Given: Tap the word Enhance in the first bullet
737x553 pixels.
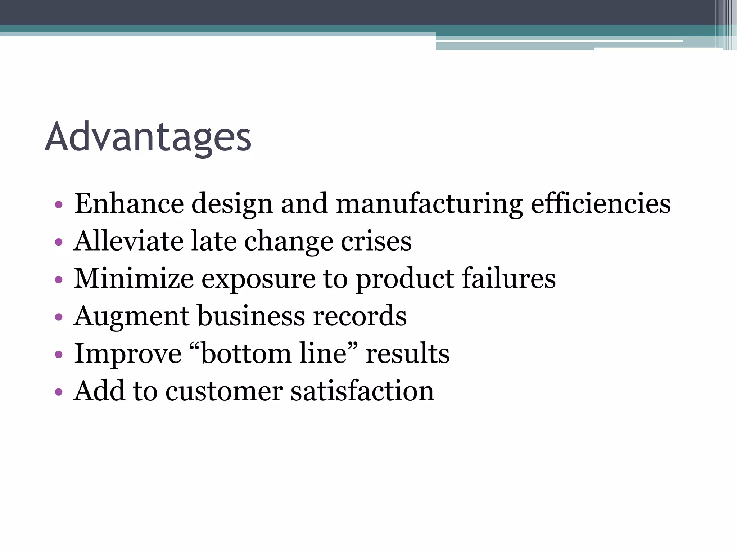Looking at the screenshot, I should (129, 204).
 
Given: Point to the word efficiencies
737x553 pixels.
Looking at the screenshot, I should (601, 204).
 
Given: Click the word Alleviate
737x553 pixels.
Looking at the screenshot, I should (128, 241).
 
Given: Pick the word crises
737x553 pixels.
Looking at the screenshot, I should (376, 241).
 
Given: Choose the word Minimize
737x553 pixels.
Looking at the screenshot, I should (134, 279).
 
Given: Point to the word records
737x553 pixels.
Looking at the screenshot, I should (360, 316).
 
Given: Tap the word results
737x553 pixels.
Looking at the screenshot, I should (407, 354).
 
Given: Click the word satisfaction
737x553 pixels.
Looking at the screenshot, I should (362, 391).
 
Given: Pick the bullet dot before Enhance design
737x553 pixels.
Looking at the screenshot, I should (59, 205).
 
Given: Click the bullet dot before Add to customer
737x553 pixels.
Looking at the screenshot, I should (59, 392).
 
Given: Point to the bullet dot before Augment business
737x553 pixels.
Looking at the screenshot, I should (59, 317).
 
